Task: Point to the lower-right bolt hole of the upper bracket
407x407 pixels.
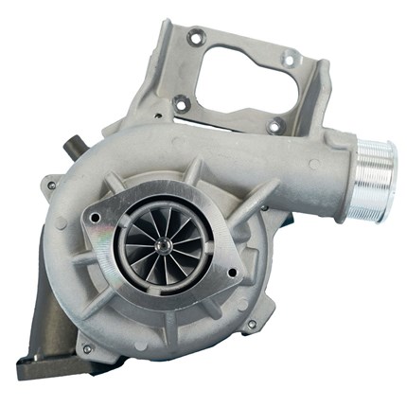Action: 274,124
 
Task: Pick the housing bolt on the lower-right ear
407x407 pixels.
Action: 251,325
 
